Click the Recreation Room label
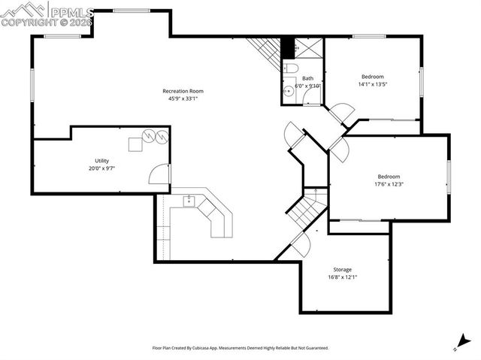click(x=183, y=91)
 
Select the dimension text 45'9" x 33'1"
click(x=183, y=98)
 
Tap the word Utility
click(x=101, y=161)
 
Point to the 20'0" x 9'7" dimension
click(x=101, y=168)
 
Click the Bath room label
click(x=307, y=78)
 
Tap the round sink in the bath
click(x=289, y=92)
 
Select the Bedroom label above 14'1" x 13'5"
click(x=372, y=77)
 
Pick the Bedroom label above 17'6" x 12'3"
click(x=389, y=177)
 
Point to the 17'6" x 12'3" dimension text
click(x=389, y=184)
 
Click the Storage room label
click(x=342, y=269)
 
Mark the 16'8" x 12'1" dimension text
click(x=342, y=277)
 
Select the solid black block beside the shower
click(x=286, y=47)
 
